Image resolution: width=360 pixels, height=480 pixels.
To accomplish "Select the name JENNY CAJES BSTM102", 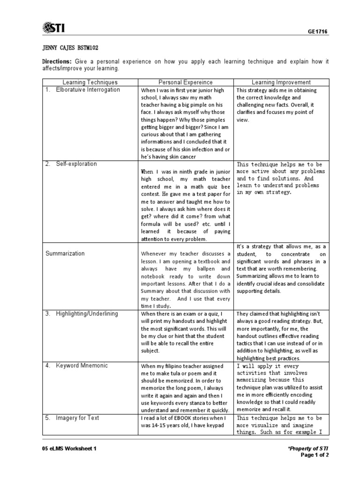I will pos(70,48).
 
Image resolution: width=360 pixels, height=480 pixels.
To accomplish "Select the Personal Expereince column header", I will pos(185,82).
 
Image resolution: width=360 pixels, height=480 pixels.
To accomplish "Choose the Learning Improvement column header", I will pos(281,82).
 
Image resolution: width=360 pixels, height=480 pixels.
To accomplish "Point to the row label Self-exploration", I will pos(76,164).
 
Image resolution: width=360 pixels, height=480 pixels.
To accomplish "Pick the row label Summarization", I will pos(65,254).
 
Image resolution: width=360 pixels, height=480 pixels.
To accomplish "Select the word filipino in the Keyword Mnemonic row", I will pos(176,366).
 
